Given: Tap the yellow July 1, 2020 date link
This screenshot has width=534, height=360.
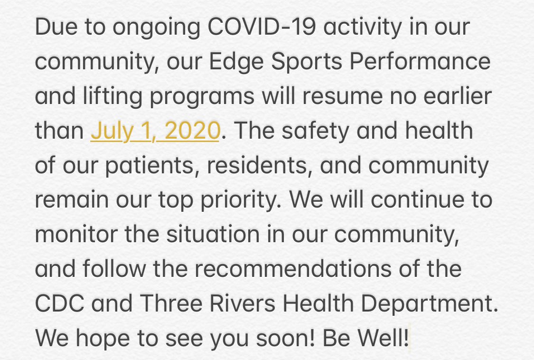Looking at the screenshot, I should click(155, 131).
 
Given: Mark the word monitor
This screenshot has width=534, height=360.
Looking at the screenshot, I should click(69, 235).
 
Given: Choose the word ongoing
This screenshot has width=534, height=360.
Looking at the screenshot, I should click(136, 28).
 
